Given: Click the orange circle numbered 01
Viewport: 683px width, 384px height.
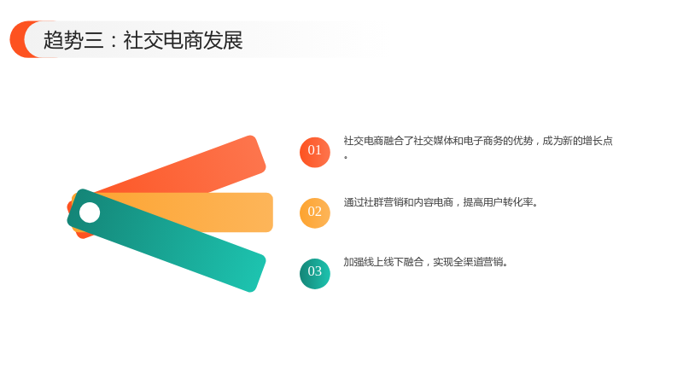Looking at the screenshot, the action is point(314,152).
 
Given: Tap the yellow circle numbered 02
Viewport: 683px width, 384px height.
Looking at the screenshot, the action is point(314,212).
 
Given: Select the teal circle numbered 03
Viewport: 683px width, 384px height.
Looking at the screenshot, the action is point(314,273).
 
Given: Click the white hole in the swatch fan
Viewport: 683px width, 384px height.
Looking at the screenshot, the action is point(90,212).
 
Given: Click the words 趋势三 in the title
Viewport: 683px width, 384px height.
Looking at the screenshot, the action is point(73,40).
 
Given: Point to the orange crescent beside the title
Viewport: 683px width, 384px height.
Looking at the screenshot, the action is point(18,39).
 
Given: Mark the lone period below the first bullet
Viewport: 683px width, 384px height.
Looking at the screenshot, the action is point(346,157).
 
